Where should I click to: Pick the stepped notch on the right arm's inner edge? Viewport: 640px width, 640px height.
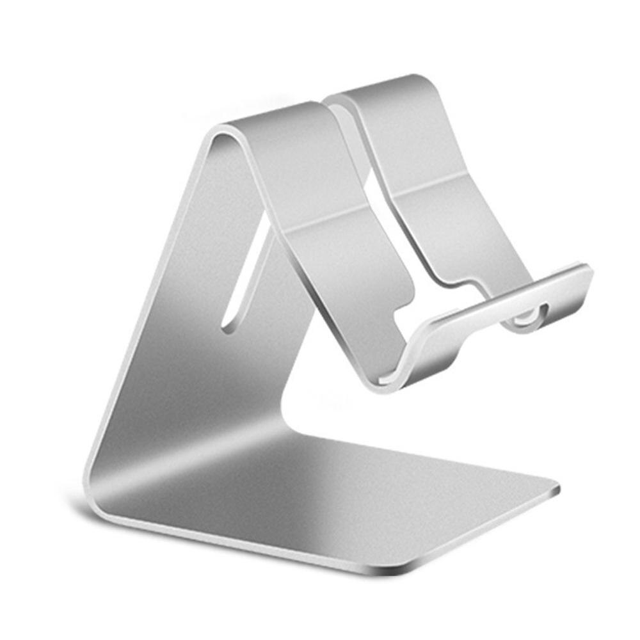448,282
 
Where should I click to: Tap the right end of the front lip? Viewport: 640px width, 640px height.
586,272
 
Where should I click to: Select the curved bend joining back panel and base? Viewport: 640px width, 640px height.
109,474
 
